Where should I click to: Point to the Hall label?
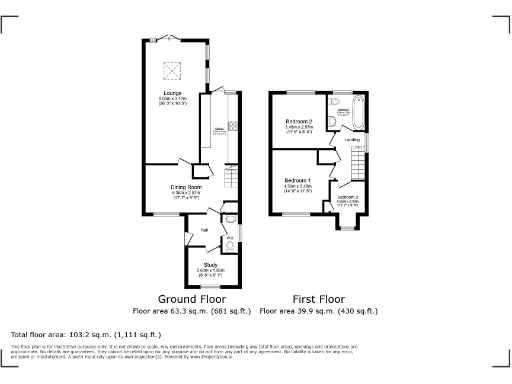(204, 230)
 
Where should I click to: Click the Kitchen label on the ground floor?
(218, 129)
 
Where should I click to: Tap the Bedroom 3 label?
(347, 197)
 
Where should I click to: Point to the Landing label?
(352, 140)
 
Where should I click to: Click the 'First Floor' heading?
(318, 298)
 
